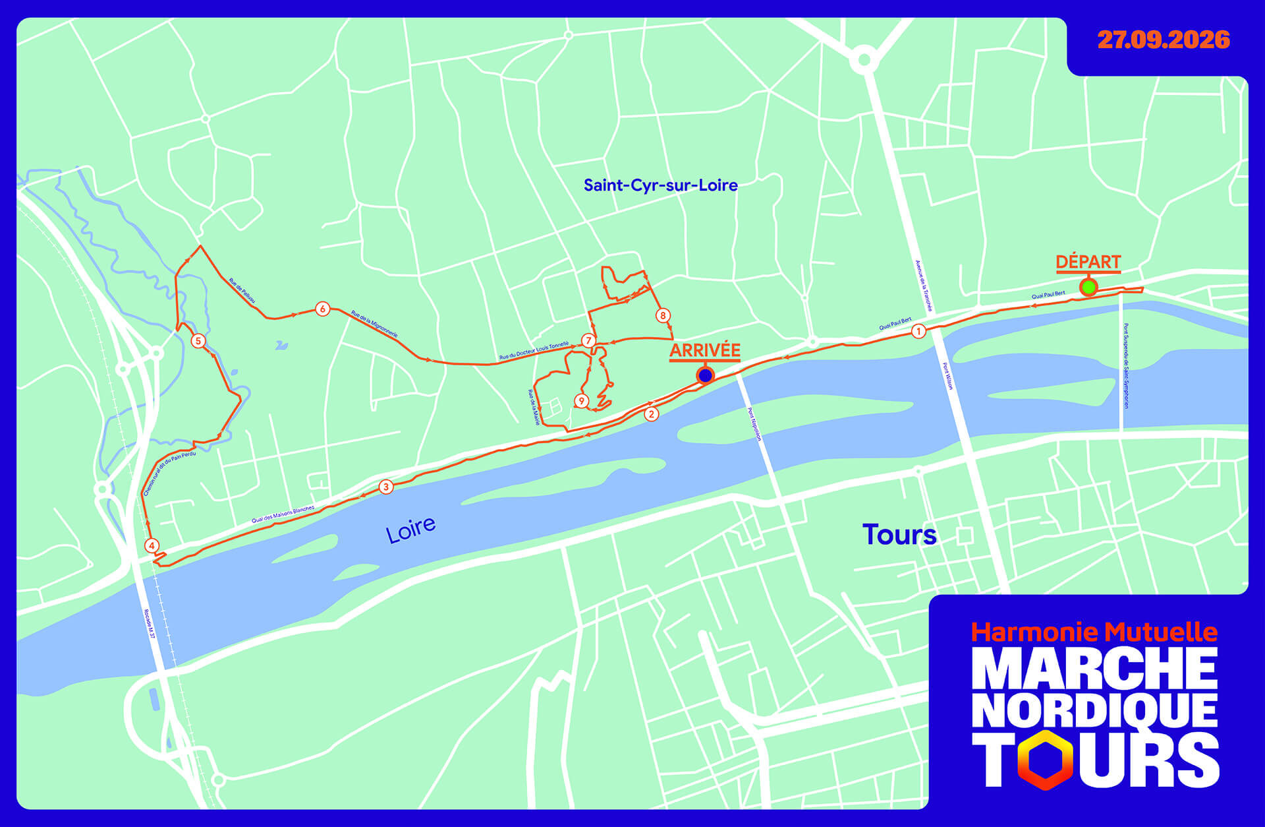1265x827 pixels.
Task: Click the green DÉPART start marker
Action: click(x=1088, y=287)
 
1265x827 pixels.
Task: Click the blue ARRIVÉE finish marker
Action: click(x=705, y=375)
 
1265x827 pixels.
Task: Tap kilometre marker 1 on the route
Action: click(x=918, y=331)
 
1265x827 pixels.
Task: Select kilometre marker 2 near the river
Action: click(x=651, y=414)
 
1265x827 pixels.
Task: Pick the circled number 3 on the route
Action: click(x=386, y=487)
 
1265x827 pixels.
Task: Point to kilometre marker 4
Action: click(x=152, y=545)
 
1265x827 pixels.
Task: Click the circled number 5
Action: click(x=198, y=341)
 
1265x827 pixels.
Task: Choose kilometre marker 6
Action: click(x=322, y=309)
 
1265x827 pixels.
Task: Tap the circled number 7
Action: click(x=588, y=340)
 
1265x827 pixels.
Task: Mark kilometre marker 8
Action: click(x=663, y=315)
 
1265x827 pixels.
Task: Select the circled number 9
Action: click(x=581, y=400)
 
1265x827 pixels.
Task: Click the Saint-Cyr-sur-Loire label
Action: click(x=660, y=185)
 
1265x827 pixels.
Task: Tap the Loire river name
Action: click(x=410, y=529)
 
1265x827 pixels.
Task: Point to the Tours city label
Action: click(x=899, y=534)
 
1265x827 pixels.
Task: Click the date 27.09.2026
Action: click(x=1164, y=40)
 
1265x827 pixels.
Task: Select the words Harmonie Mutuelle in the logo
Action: click(x=1094, y=632)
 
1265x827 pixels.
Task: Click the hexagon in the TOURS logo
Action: click(x=1046, y=760)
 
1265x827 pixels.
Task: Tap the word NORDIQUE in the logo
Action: click(x=1094, y=710)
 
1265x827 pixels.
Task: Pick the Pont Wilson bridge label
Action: click(x=947, y=376)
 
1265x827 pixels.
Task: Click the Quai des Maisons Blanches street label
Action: click(x=283, y=515)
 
